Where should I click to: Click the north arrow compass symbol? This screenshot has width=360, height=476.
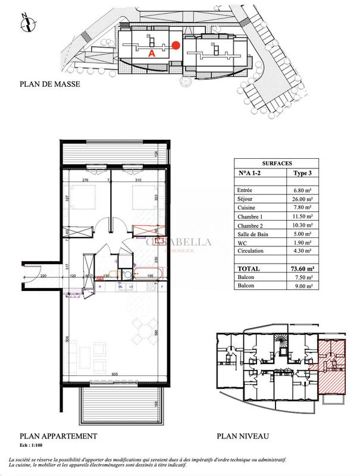[26, 23]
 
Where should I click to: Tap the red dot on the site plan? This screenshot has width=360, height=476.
[176, 45]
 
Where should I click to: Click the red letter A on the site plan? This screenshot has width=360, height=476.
[151, 52]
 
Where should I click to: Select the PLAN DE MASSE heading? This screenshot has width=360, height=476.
[50, 84]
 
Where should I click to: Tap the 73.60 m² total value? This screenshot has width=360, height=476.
[301, 269]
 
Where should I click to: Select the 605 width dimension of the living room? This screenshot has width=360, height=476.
[114, 374]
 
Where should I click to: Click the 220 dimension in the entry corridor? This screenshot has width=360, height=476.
[43, 277]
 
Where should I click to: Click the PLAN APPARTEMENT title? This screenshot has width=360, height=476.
[58, 436]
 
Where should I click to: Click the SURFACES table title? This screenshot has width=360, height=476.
[277, 162]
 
